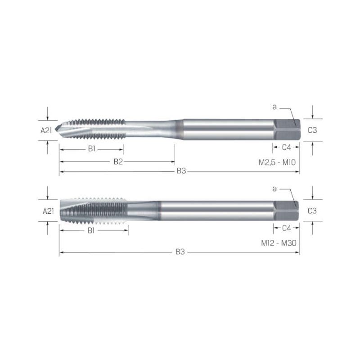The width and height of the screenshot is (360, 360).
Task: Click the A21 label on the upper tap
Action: point(46,130)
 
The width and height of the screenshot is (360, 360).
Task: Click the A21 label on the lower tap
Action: point(48,211)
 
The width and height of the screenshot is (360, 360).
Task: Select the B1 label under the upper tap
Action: point(92,149)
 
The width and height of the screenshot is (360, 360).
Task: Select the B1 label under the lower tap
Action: point(91,230)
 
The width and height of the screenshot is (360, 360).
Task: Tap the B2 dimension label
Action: point(118,162)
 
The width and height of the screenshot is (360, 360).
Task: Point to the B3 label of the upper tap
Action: point(181,171)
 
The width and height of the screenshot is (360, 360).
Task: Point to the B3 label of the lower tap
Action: point(180,252)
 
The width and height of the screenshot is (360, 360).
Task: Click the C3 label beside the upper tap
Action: point(312,130)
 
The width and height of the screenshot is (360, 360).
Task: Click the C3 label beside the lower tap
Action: point(312,211)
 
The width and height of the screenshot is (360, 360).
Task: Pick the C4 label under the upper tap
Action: point(287,148)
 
